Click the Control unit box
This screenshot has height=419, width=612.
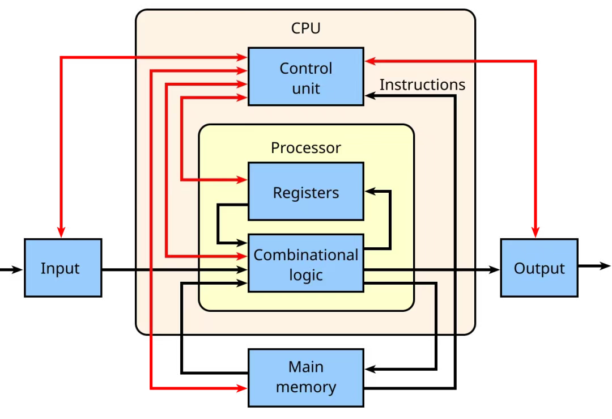pyautogui.click(x=305, y=76)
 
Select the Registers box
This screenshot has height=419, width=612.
pyautogui.click(x=305, y=191)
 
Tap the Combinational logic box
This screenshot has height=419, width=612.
pyautogui.click(x=305, y=263)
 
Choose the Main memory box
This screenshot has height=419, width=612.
pyautogui.click(x=305, y=378)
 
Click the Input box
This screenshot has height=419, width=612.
pyautogui.click(x=62, y=268)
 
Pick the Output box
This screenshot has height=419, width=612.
pyautogui.click(x=539, y=268)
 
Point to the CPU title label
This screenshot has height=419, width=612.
pyautogui.click(x=305, y=28)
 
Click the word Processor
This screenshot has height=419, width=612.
pyautogui.click(x=305, y=148)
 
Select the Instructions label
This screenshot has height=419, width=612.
pyautogui.click(x=422, y=85)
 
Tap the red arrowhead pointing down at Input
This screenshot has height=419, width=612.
pyautogui.click(x=61, y=232)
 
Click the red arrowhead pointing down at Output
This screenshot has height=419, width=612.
pyautogui.click(x=535, y=232)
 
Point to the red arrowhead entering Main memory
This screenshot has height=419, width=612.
pyautogui.click(x=243, y=388)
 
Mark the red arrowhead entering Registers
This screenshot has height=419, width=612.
pyautogui.click(x=243, y=180)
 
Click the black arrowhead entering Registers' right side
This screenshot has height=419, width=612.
pyautogui.click(x=369, y=192)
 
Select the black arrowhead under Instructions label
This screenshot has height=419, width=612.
pyautogui.click(x=369, y=96)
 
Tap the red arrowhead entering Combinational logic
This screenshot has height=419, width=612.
pyautogui.click(x=243, y=256)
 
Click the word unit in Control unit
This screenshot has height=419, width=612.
pyautogui.click(x=305, y=89)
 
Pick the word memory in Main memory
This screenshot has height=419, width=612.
pyautogui.click(x=305, y=388)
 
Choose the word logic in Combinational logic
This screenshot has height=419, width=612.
pyautogui.click(x=305, y=275)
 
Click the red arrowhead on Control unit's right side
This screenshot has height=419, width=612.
pyautogui.click(x=369, y=61)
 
